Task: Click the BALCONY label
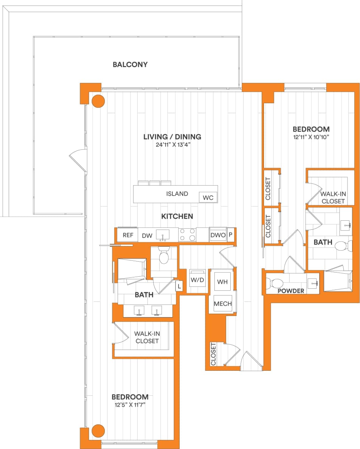[130, 65]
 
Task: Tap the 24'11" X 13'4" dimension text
[172, 144]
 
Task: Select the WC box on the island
[208, 197]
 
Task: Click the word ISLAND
[177, 194]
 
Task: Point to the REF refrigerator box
[128, 235]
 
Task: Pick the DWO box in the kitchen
[218, 235]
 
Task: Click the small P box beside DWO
[231, 235]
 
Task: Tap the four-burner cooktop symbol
[187, 235]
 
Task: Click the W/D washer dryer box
[197, 280]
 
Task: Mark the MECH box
[223, 303]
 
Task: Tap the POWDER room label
[291, 291]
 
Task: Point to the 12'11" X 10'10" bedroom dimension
[311, 137]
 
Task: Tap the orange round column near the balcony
[98, 101]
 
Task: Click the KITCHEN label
[177, 217]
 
